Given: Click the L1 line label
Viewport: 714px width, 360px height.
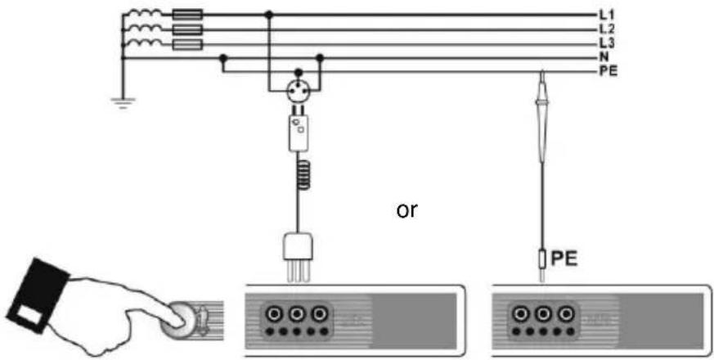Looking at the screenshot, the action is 607,15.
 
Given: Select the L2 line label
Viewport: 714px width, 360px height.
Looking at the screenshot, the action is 607,29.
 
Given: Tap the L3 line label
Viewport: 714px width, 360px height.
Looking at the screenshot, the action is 607,43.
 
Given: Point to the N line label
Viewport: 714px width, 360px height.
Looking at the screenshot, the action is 604,58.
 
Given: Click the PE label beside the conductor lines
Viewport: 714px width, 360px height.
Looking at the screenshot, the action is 608,72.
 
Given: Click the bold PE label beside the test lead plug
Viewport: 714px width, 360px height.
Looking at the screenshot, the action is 564,259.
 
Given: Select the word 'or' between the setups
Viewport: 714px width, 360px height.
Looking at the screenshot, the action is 406,211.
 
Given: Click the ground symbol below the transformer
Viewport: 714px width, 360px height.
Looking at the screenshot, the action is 122,103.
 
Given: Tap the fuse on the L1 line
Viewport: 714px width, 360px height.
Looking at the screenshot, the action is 187,15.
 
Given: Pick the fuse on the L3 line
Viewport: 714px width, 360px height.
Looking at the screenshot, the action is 187,44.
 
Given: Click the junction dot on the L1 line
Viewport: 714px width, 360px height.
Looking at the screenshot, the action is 269,15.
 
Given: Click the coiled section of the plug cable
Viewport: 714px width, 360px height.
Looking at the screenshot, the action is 301,174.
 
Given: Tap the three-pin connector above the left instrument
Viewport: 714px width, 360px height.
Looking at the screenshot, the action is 298,257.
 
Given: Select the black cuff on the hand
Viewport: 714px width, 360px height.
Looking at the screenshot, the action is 38,295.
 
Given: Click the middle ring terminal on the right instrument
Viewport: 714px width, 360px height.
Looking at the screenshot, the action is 543,313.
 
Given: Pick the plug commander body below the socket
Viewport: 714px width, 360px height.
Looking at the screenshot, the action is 299,133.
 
